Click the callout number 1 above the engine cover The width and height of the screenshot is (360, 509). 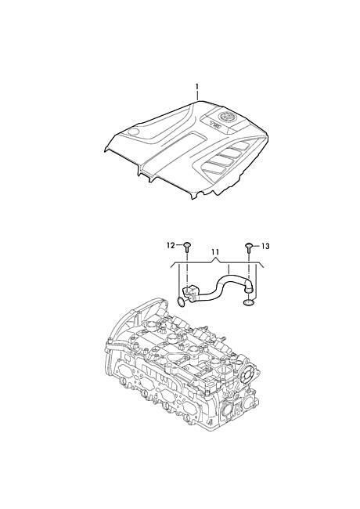(196, 87)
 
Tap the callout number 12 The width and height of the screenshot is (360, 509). (171, 245)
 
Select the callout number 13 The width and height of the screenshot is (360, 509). (265, 247)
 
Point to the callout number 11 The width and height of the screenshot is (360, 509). (215, 252)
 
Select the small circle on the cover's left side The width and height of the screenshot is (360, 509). (133, 132)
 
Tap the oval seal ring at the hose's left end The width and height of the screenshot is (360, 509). (182, 301)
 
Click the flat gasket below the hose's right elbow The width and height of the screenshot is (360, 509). (249, 303)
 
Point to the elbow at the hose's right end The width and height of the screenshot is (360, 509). (249, 287)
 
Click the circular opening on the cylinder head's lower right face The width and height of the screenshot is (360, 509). (226, 411)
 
